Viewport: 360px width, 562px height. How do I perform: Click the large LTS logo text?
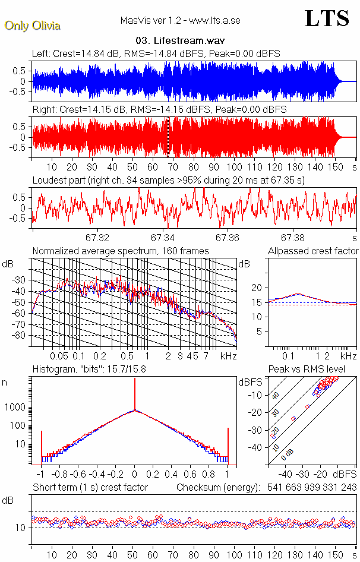point(326,19)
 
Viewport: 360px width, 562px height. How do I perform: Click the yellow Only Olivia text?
point(32,26)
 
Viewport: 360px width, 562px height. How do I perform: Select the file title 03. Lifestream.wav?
point(178,41)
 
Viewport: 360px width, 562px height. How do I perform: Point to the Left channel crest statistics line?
point(156,54)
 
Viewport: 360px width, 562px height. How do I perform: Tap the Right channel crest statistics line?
point(159,110)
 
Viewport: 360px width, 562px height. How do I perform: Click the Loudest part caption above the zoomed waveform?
point(168,180)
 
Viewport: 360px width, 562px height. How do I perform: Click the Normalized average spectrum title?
point(121,251)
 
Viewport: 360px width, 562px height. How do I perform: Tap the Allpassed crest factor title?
point(313,251)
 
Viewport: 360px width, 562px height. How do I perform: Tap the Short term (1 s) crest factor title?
point(90,488)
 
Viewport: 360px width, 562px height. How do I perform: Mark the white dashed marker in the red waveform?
point(168,137)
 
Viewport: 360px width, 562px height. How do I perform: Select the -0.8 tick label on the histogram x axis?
point(59,475)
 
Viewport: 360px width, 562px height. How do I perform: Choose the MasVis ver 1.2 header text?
point(180,21)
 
